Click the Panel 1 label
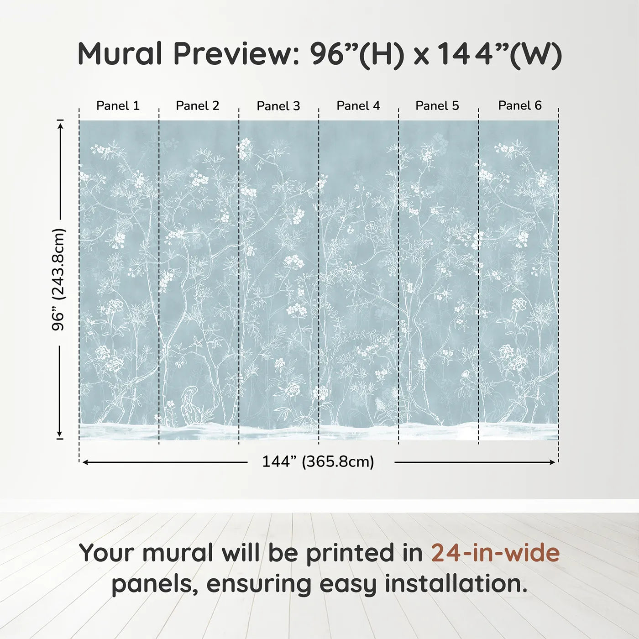point(118,106)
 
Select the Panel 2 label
point(198,106)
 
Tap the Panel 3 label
point(278,106)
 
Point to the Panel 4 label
point(358,106)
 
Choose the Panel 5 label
point(437,106)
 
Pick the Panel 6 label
point(520,106)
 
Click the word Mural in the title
point(120,54)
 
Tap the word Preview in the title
point(236,54)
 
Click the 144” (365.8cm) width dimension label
point(318,462)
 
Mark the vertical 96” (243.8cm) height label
point(59,279)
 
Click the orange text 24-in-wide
point(495,553)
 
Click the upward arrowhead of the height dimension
point(60,124)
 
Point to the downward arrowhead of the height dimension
point(59,434)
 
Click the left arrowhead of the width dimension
point(85,462)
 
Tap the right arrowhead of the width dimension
point(553,462)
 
